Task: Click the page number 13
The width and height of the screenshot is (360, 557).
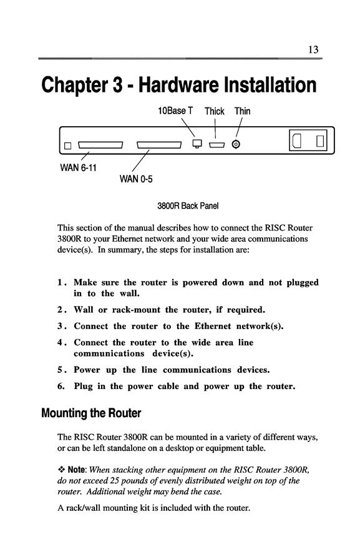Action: pyautogui.click(x=313, y=49)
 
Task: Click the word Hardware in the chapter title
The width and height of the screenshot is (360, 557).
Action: pyautogui.click(x=178, y=85)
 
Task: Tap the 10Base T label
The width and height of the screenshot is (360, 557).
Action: pyautogui.click(x=175, y=111)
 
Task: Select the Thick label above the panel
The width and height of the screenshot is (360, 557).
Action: pyautogui.click(x=215, y=111)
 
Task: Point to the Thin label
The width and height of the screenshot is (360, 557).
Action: pyautogui.click(x=243, y=111)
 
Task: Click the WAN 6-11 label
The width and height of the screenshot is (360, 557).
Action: pyautogui.click(x=78, y=167)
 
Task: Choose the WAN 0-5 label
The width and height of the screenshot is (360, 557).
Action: pyautogui.click(x=136, y=179)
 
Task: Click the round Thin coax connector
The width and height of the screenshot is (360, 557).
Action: pyautogui.click(x=236, y=144)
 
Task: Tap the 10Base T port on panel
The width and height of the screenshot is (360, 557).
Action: pyautogui.click(x=197, y=143)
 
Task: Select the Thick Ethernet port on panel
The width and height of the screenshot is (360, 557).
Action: pyautogui.click(x=216, y=145)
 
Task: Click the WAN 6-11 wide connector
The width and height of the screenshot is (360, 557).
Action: pyautogui.click(x=100, y=145)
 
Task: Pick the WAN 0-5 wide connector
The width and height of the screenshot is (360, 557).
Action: pyautogui.click(x=159, y=145)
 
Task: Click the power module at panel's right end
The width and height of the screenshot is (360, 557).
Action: pyautogui.click(x=308, y=140)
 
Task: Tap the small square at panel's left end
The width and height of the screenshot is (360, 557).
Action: pyautogui.click(x=68, y=145)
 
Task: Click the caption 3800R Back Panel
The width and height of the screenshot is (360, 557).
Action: pyautogui.click(x=188, y=206)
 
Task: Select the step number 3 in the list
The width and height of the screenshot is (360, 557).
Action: pyautogui.click(x=61, y=326)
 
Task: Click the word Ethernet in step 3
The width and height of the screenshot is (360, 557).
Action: pyautogui.click(x=213, y=326)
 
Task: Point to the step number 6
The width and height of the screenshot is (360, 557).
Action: pyautogui.click(x=61, y=386)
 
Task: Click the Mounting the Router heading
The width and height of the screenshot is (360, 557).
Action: pyautogui.click(x=91, y=413)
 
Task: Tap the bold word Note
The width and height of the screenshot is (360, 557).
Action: pyautogui.click(x=76, y=470)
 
